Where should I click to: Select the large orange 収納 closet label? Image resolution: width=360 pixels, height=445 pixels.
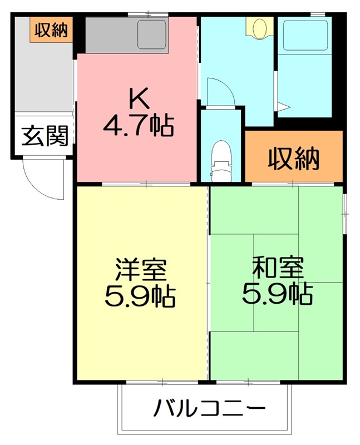click(294, 159)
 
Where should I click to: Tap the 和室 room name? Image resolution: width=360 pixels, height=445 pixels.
click(277, 269)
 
